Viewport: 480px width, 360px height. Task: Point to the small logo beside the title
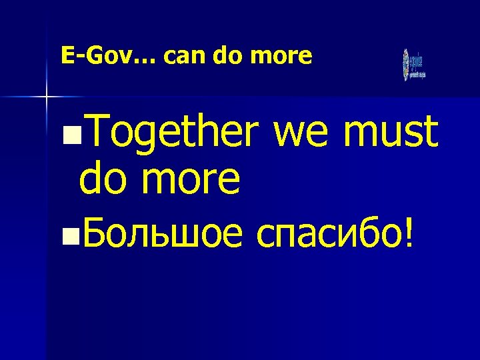click(413, 65)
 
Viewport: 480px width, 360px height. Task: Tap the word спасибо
click(330, 234)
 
